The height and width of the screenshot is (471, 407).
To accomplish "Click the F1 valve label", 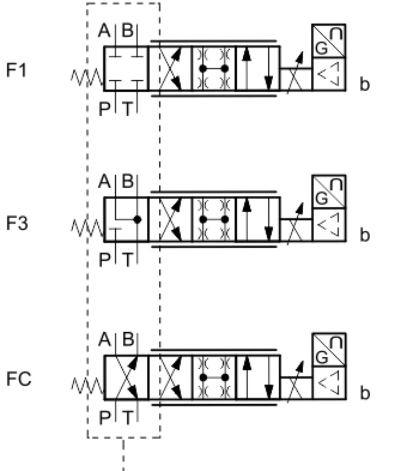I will click(x=16, y=71).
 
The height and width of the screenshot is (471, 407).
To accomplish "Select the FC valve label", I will click(x=19, y=379).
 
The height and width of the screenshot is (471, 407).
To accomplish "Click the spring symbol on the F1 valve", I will click(x=87, y=78).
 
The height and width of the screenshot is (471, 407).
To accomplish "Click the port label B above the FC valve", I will click(x=128, y=340).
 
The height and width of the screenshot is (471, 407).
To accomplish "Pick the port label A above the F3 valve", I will click(x=105, y=182).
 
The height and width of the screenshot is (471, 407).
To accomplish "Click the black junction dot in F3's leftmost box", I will click(x=137, y=219).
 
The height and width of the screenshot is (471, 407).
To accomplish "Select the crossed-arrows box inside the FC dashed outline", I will click(x=126, y=377).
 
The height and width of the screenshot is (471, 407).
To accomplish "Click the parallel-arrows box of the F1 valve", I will click(x=257, y=68).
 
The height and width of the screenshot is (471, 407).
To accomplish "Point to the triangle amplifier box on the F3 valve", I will click(x=329, y=225).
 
